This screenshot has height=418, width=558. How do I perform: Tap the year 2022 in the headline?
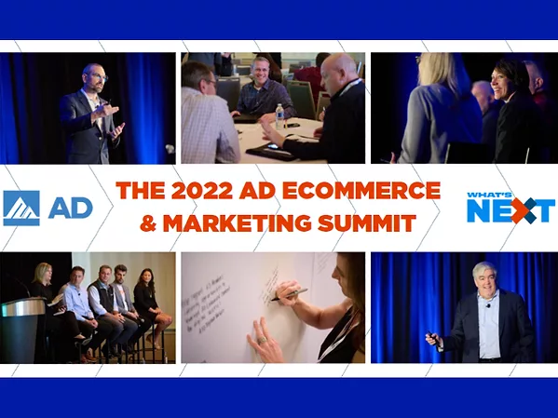pos(193,192)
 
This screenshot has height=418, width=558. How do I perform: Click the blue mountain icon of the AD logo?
pos(21,208)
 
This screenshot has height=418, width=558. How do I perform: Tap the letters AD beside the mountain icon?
pos(69,208)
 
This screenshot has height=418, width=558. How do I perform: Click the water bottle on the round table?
pos(279,116)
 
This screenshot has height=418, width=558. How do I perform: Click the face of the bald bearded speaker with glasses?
pos(92,78)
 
